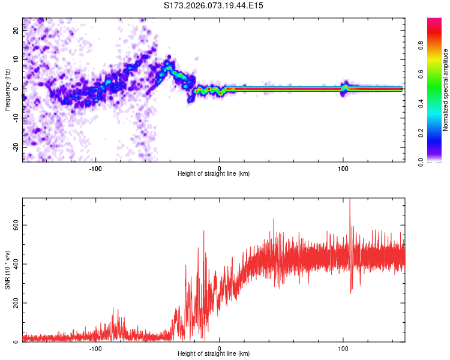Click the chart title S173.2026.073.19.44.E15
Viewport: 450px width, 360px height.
tap(214, 5)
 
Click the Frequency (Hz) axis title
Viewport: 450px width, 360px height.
tap(7, 90)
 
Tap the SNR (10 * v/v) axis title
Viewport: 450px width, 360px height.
tap(7, 271)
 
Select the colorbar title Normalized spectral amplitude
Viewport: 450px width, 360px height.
tap(446, 90)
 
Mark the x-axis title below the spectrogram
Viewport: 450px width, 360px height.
tap(214, 173)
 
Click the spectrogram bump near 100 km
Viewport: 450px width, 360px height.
tap(344, 86)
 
